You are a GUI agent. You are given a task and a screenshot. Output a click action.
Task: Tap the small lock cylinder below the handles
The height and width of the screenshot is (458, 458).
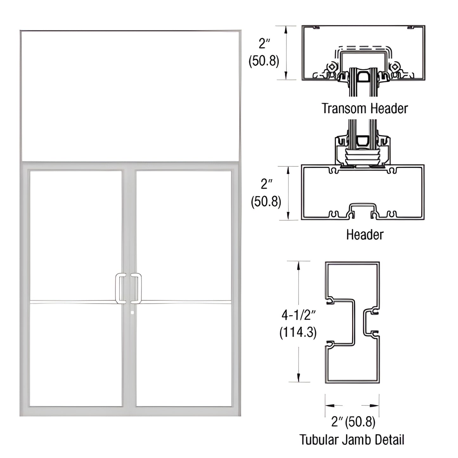tap(132, 313)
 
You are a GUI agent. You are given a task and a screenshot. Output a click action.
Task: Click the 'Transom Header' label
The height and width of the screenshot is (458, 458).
tap(364, 108)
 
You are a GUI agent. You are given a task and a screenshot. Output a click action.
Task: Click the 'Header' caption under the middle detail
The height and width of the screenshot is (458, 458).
tap(364, 235)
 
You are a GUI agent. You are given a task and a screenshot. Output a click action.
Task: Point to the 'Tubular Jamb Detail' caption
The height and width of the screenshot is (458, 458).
tap(352, 440)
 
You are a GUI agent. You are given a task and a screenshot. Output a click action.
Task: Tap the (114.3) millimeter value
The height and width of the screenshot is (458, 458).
tap(298, 332)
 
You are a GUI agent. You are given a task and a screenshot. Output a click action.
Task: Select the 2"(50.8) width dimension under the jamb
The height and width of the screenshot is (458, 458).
tap(353, 422)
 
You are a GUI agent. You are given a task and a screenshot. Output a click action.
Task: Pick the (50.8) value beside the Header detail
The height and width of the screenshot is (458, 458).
tap(266, 202)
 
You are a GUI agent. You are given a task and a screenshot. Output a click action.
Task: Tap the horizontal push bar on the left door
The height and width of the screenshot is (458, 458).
tap(73, 302)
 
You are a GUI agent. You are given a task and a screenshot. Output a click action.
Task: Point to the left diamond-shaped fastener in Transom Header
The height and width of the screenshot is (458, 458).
tap(332, 67)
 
